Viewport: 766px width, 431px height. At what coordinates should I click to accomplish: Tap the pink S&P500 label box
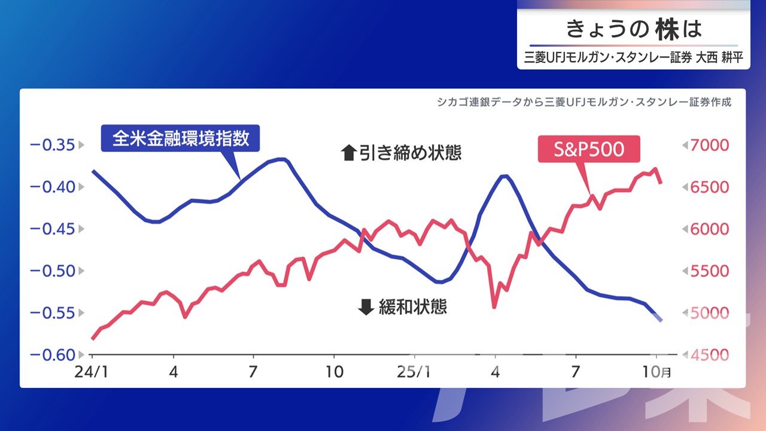click(x=589, y=149)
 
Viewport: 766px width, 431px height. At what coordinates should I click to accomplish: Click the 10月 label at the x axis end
click(x=660, y=372)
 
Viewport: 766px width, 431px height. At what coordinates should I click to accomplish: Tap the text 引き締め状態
click(x=411, y=153)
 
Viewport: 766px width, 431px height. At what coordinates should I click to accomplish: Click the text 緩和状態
click(x=413, y=308)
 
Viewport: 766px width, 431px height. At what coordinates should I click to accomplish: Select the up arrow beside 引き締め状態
click(x=348, y=153)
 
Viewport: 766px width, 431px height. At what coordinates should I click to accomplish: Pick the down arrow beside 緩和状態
click(x=365, y=308)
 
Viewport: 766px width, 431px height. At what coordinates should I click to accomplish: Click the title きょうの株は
click(x=633, y=29)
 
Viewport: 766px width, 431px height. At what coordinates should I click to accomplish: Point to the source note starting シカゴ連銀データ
click(x=583, y=102)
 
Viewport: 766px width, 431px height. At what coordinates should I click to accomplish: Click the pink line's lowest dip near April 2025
click(x=494, y=307)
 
